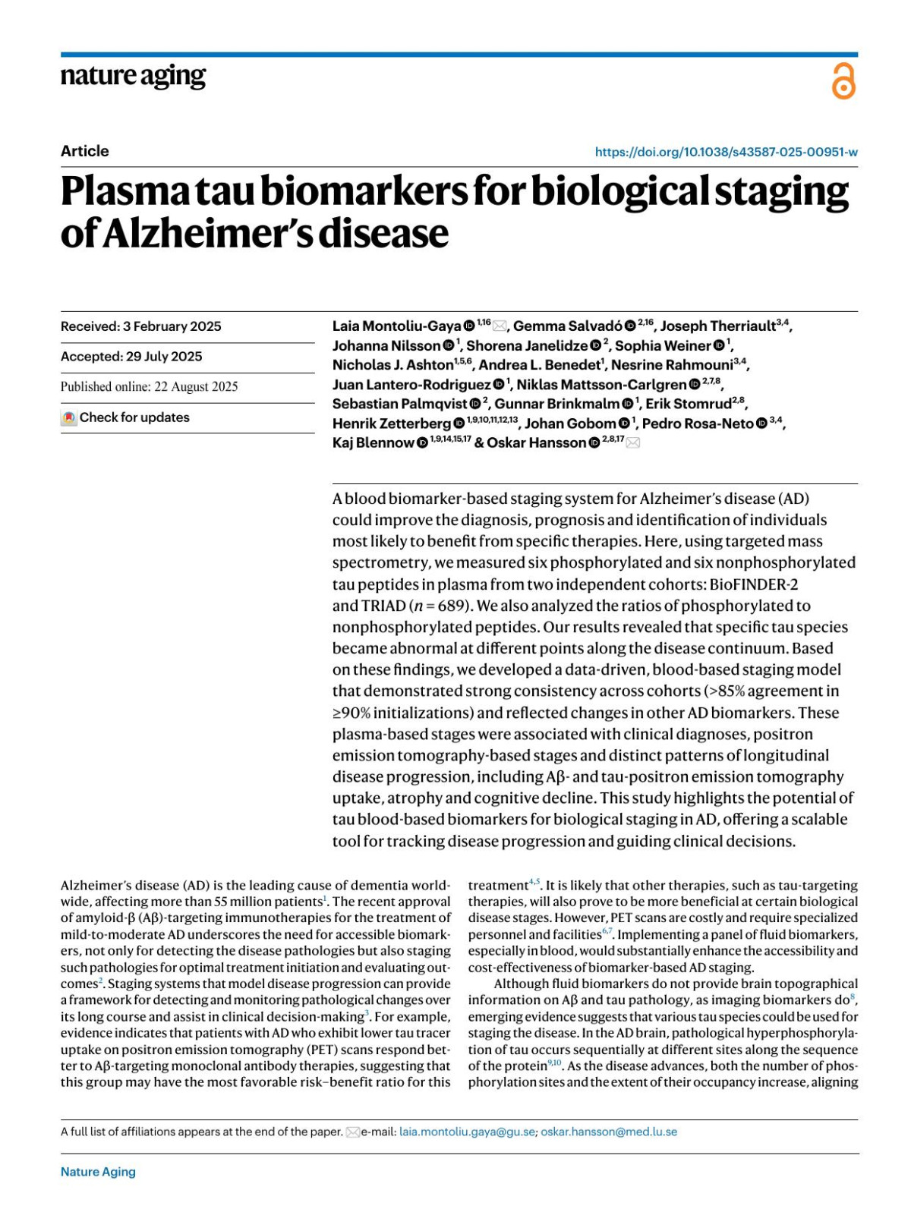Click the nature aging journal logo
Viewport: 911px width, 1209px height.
click(x=133, y=77)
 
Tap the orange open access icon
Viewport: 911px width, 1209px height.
click(x=843, y=82)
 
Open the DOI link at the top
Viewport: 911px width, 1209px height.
click(x=726, y=152)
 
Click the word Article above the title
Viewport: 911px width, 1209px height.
click(x=84, y=151)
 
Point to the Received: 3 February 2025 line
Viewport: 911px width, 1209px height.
click(x=140, y=326)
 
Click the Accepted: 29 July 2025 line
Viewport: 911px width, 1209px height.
click(x=131, y=357)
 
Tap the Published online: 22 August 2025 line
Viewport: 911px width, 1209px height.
click(x=149, y=387)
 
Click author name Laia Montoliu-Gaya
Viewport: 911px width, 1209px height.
click(x=396, y=326)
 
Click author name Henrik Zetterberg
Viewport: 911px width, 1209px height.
click(x=391, y=423)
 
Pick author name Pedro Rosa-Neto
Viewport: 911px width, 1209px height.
click(x=698, y=423)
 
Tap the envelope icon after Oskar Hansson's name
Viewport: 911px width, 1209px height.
click(x=633, y=443)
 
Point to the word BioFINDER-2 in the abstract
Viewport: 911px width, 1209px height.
click(x=753, y=584)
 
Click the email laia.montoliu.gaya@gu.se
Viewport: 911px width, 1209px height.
click(x=467, y=1132)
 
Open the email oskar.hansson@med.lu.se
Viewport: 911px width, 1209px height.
click(x=608, y=1132)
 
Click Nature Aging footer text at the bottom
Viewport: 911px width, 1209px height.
click(x=98, y=1172)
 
